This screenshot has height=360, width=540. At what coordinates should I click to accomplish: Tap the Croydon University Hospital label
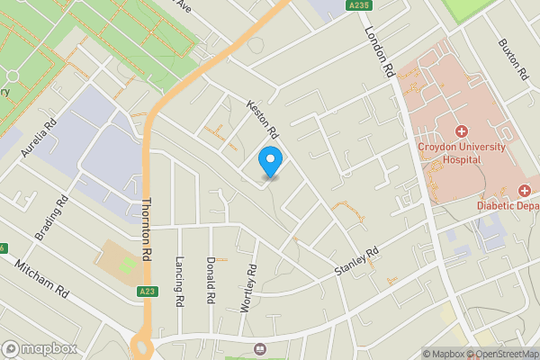(x=461, y=153)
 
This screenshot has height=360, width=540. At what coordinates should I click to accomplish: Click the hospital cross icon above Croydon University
(x=461, y=131)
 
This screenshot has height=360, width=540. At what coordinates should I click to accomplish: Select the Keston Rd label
(x=262, y=118)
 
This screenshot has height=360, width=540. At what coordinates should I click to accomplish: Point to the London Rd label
(x=380, y=50)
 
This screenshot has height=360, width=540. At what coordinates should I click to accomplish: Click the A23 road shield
(x=148, y=292)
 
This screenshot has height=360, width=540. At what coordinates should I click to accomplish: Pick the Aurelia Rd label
(x=40, y=135)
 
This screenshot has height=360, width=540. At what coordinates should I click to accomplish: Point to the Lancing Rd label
(x=179, y=281)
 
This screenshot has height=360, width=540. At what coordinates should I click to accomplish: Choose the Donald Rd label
(x=210, y=279)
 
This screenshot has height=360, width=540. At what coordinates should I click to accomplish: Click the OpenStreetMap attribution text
(x=506, y=354)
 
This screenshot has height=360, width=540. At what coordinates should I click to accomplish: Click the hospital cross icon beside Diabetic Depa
(x=524, y=190)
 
